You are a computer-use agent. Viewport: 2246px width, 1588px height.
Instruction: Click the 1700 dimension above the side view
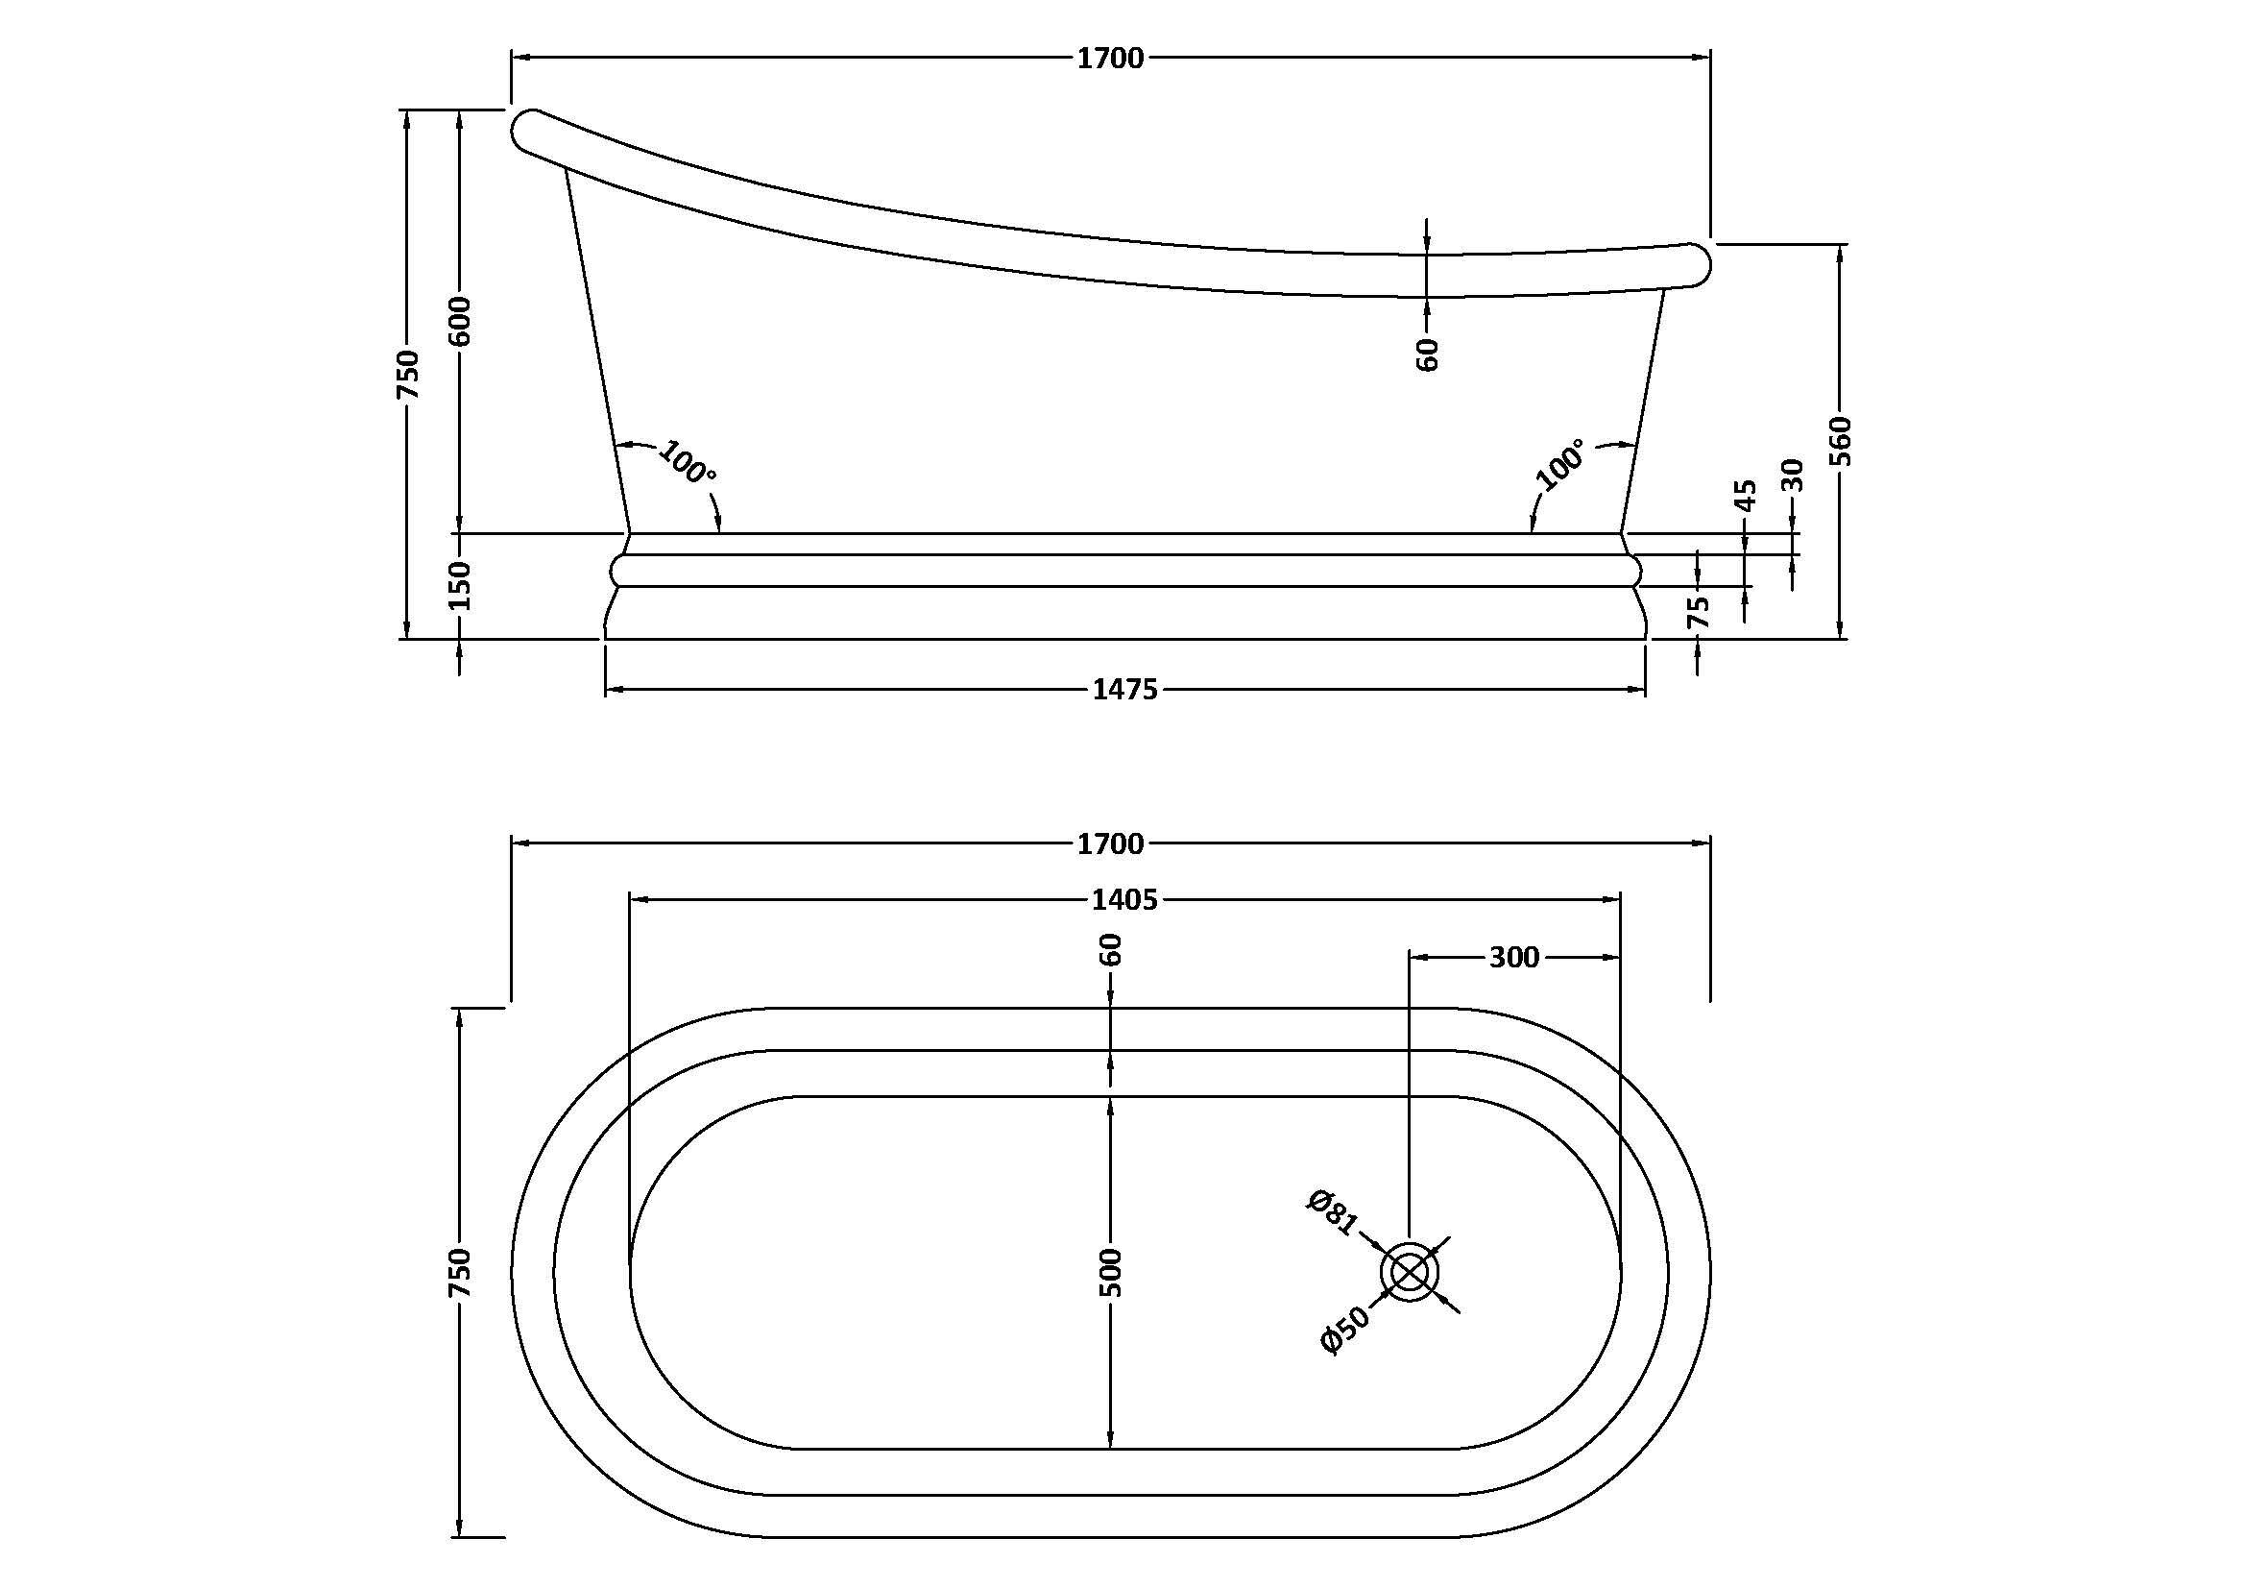tap(1110, 59)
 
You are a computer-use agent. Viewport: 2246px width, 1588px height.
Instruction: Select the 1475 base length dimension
tap(1125, 690)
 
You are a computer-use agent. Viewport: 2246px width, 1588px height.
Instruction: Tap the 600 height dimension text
tap(461, 320)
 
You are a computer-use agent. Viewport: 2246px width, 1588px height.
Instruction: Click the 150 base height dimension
tap(461, 585)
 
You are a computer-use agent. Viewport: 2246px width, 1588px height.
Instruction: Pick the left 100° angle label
tap(687, 463)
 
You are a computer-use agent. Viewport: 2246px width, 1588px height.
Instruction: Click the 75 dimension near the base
tap(1700, 612)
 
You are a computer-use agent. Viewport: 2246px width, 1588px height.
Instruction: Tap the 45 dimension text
tap(1745, 494)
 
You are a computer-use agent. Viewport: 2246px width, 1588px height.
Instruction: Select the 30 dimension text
tap(1792, 476)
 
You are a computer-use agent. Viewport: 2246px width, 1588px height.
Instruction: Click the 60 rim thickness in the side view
tap(1428, 354)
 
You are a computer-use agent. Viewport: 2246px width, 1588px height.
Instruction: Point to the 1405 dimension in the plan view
tap(1125, 899)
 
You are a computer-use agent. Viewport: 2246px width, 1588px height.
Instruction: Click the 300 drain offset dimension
tap(1514, 957)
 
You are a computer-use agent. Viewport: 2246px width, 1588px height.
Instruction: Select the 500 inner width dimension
tap(1110, 1272)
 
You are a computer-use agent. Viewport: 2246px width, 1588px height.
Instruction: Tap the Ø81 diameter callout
tap(1333, 1212)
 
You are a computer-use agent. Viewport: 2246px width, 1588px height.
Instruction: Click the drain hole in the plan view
tap(1409, 1273)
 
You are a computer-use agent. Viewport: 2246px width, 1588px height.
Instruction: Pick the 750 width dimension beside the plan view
tap(461, 1272)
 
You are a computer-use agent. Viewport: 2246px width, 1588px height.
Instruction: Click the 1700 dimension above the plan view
tap(1110, 843)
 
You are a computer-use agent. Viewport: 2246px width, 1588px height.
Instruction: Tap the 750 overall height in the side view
tap(408, 374)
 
